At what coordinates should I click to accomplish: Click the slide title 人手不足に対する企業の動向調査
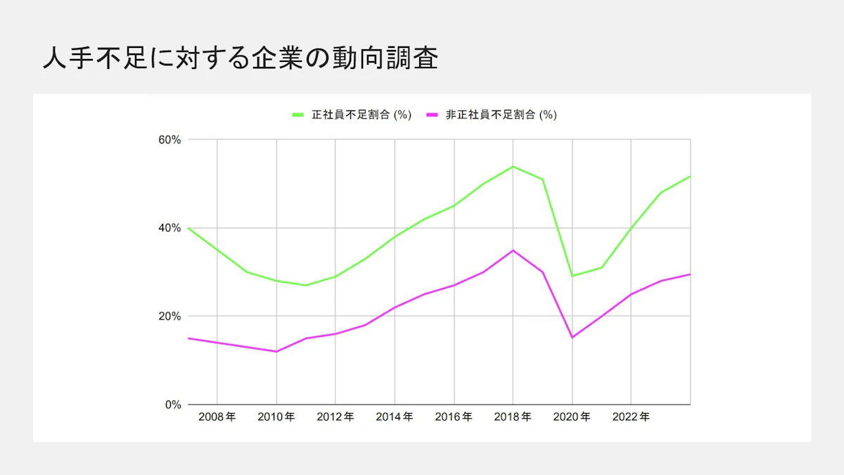[240, 59]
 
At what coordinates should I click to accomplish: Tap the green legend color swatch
[298, 115]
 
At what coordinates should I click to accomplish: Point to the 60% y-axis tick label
[170, 139]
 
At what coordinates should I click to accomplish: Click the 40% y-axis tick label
[170, 228]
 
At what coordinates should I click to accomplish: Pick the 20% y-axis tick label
[170, 316]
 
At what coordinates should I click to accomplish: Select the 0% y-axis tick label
[173, 405]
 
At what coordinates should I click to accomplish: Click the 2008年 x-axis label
[217, 417]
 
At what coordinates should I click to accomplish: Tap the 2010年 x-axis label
[276, 417]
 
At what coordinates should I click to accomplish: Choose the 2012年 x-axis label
[335, 417]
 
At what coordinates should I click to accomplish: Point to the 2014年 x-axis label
[395, 417]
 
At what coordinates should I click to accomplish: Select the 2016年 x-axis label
[454, 417]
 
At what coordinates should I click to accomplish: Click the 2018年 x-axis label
[513, 417]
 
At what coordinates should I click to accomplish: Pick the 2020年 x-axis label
[572, 417]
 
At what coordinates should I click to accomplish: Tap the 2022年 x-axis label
[631, 417]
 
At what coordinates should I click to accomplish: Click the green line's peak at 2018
[513, 166]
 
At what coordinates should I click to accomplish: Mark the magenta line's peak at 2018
[513, 250]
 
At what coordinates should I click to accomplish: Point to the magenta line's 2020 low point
[573, 337]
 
